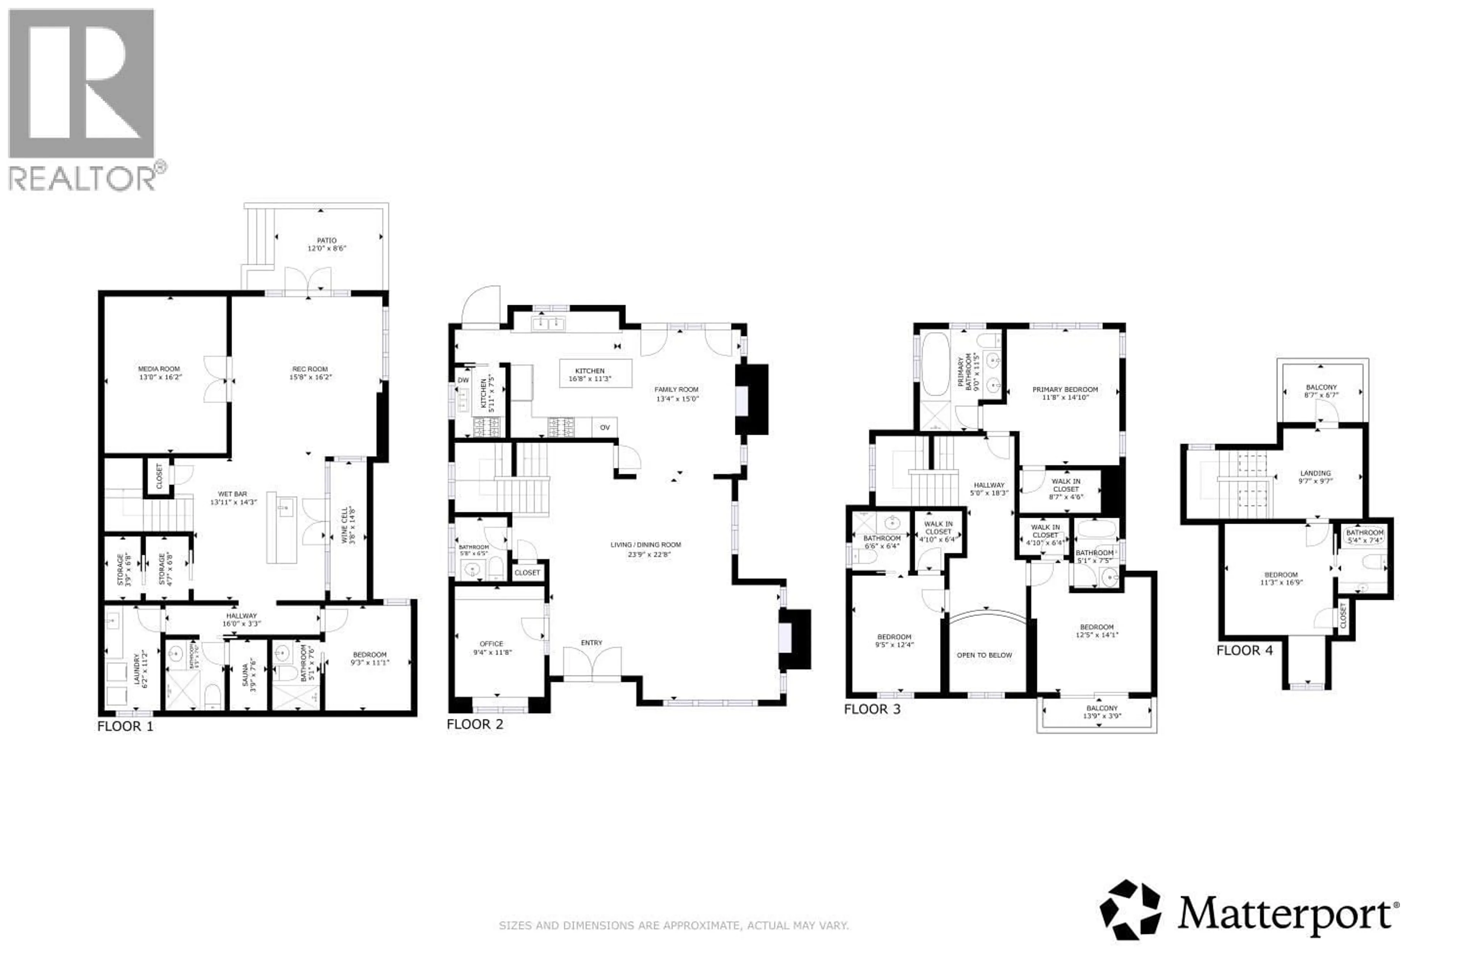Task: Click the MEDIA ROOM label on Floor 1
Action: (x=159, y=369)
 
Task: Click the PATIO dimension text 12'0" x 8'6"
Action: (x=326, y=248)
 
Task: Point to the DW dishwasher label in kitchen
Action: (x=463, y=380)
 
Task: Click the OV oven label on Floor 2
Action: (x=604, y=427)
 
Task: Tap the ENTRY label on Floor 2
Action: (x=591, y=643)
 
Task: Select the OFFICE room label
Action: (x=491, y=644)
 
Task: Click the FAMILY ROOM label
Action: (x=676, y=389)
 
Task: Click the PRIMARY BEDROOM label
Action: (x=1065, y=389)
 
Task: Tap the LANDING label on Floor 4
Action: (x=1315, y=473)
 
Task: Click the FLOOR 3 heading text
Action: (x=872, y=709)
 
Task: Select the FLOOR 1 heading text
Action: (x=125, y=725)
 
